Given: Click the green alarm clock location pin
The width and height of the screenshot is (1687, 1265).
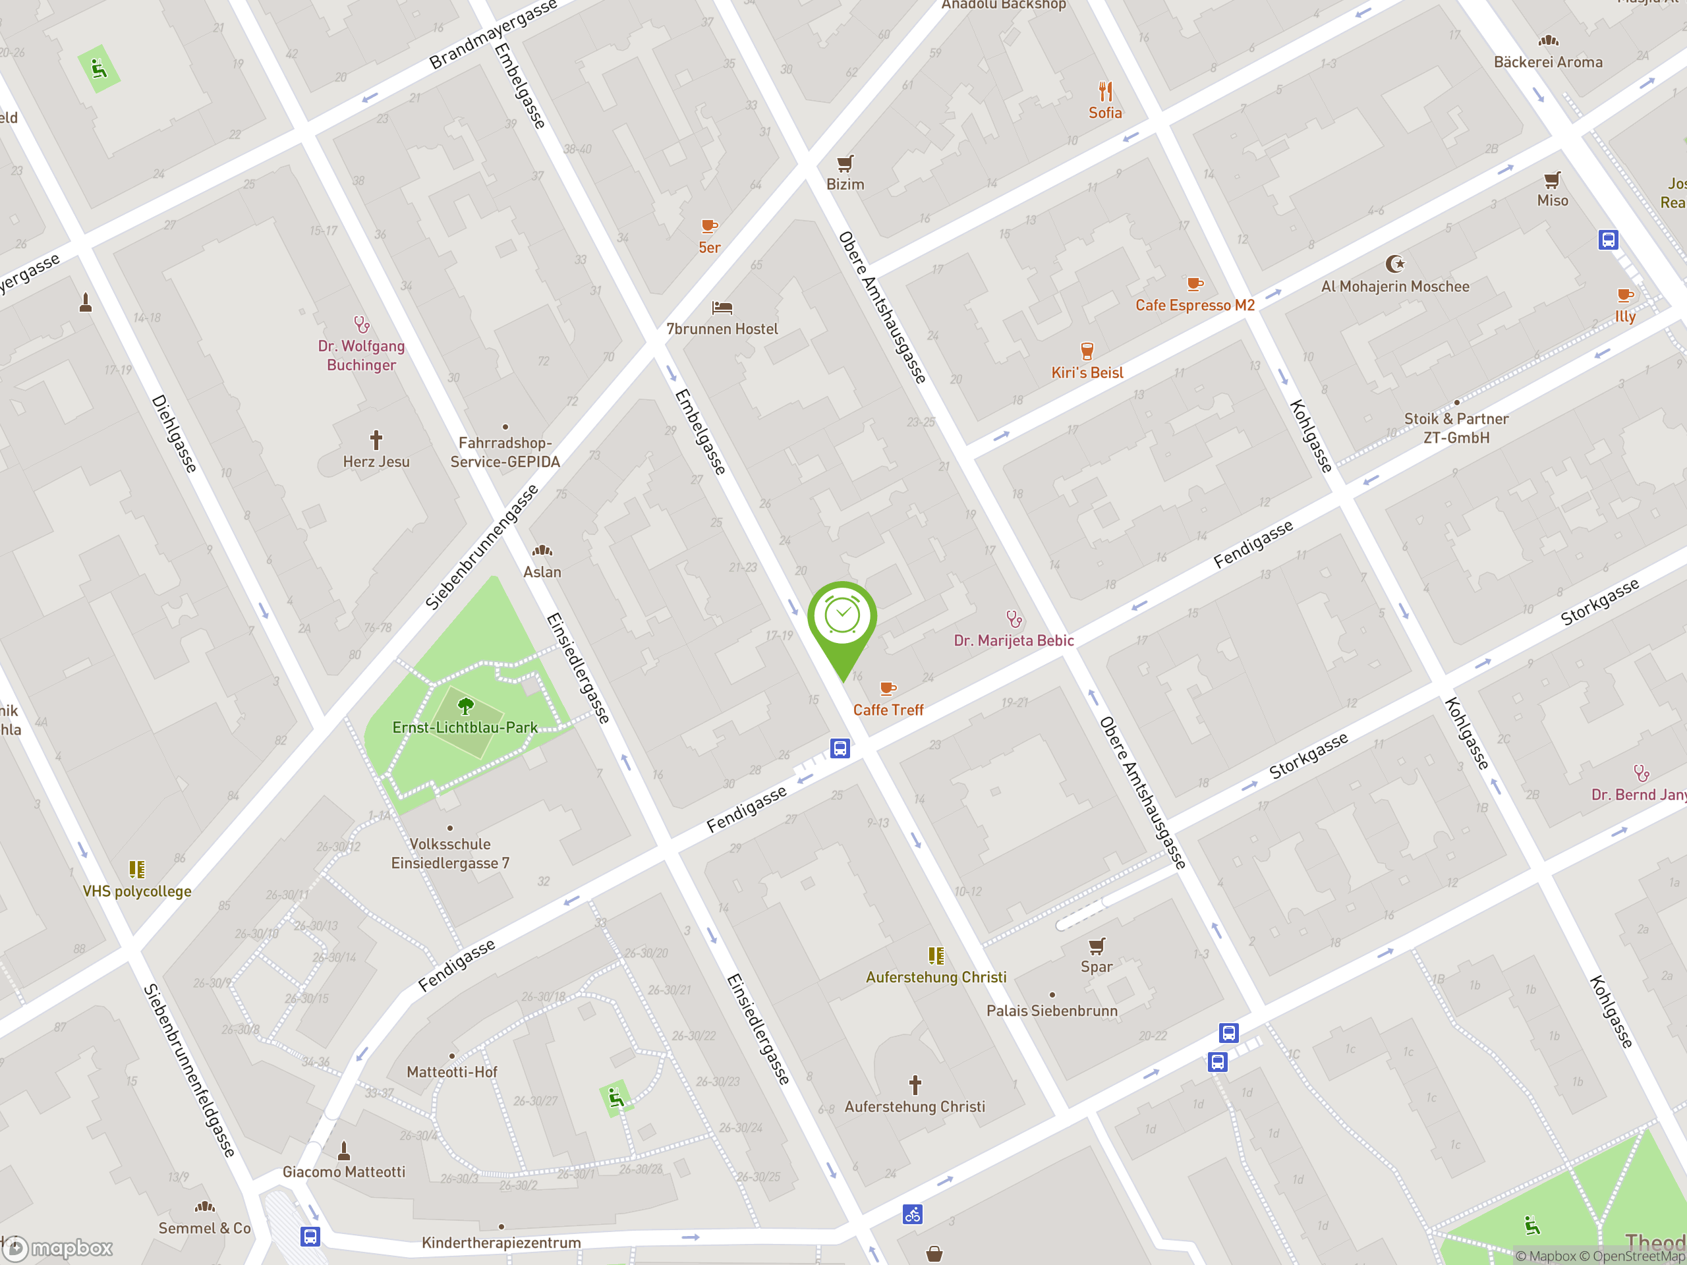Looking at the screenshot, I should coord(842,617).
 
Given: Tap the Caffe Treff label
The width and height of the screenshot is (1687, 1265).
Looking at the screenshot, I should coord(888,710).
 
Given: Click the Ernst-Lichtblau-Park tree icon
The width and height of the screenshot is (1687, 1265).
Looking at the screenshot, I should coord(465,706).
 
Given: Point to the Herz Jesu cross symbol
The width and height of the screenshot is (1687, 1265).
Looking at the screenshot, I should coord(376,440).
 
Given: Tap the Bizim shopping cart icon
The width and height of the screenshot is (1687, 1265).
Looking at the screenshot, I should coord(845,163).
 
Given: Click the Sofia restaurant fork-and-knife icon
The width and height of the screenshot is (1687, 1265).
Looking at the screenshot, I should coord(1105,92).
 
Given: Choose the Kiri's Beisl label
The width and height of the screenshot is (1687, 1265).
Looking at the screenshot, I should coord(1087,373).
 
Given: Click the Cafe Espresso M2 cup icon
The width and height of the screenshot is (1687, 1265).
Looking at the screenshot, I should coord(1195,285).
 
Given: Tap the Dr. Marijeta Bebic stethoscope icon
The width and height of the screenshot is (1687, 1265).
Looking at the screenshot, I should coord(1014,619).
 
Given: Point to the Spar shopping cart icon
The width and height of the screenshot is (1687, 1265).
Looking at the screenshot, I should coord(1096,946).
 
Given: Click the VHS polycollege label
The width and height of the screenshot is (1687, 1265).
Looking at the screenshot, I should coord(137,891).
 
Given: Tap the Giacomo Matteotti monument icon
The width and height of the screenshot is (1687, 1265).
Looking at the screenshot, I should coord(344,1150).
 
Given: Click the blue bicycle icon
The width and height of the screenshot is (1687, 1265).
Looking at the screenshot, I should coord(912,1214).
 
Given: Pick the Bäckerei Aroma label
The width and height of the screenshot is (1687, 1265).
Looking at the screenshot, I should coord(1547,63).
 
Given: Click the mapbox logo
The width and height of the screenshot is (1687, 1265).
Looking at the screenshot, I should coord(59,1249).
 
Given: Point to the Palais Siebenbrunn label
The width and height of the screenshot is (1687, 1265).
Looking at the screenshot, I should coord(1052,1011).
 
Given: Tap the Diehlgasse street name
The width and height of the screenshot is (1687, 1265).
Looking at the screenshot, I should coord(175,433).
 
